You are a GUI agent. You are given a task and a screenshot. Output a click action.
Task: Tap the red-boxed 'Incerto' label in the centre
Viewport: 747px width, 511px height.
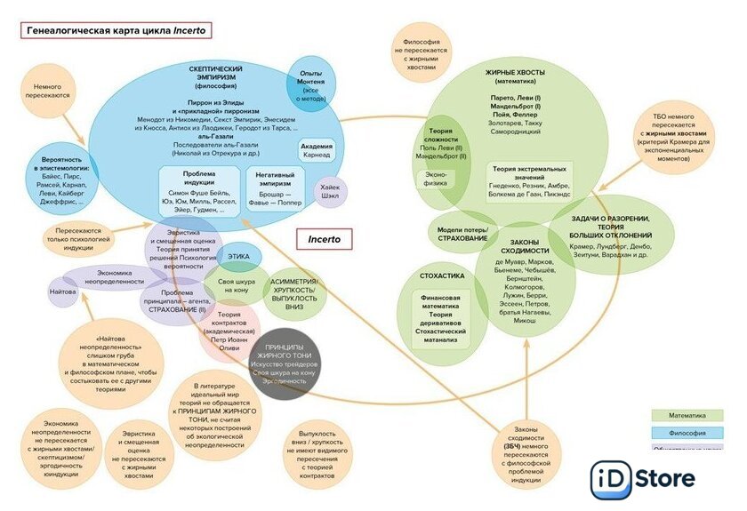pyautogui.click(x=324, y=239)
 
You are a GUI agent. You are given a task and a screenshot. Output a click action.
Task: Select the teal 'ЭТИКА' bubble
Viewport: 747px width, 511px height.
pyautogui.click(x=237, y=256)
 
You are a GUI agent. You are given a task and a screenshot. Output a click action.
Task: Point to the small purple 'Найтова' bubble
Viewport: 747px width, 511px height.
pyautogui.click(x=62, y=291)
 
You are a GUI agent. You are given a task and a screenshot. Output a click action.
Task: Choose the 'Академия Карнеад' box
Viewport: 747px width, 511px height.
pyautogui.click(x=317, y=150)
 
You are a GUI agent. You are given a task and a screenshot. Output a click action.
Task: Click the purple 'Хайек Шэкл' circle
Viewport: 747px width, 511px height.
pyautogui.click(x=331, y=189)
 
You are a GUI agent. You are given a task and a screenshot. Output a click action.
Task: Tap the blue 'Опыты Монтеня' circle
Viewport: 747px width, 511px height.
pyautogui.click(x=310, y=87)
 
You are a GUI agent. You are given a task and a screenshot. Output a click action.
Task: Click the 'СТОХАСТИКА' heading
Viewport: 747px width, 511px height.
pyautogui.click(x=442, y=276)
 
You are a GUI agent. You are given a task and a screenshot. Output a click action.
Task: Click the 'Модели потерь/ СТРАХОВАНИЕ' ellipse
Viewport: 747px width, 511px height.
pyautogui.click(x=462, y=234)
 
